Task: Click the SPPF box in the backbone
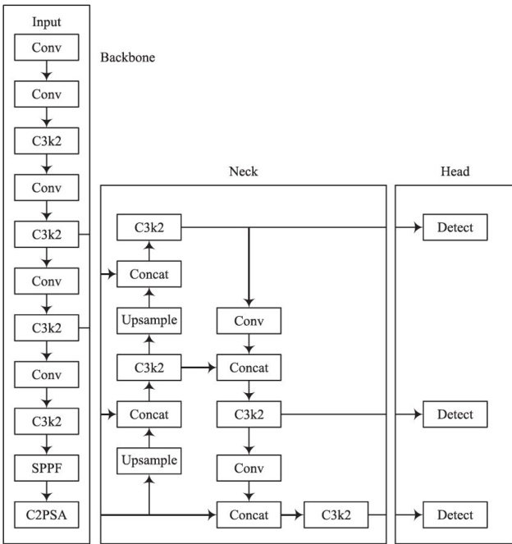coord(47,469)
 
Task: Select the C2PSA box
coord(47,515)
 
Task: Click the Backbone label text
coord(127,58)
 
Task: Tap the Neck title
coord(243,171)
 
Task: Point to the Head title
coord(455,171)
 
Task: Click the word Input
coord(47,22)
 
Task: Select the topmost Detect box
coord(455,227)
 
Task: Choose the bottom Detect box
coord(455,515)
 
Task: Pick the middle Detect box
coord(455,414)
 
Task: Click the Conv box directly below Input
coord(47,47)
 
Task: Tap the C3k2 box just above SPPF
coord(47,423)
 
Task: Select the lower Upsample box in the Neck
coord(149,460)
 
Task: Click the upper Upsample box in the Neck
coord(149,320)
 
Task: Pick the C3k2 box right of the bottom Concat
coord(335,515)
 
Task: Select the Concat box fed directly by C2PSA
coord(249,515)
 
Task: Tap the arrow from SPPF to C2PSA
coord(47,492)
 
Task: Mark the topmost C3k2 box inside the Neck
coord(149,227)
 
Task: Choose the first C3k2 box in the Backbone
coord(47,141)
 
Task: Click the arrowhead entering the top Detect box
coord(418,227)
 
